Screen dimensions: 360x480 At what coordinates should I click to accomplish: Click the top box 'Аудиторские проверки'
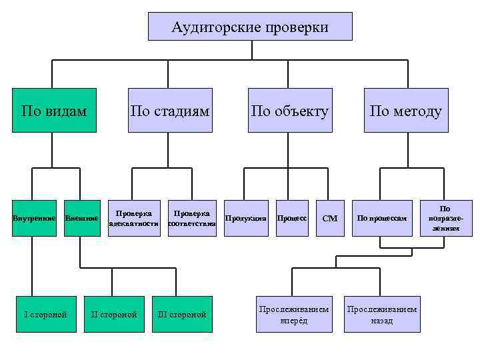click(x=250, y=27)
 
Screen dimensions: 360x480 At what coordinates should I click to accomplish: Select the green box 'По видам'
click(x=54, y=111)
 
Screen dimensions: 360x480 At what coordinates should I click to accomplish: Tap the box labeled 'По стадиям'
click(x=170, y=111)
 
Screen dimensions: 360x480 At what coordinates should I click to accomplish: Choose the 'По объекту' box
click(x=289, y=111)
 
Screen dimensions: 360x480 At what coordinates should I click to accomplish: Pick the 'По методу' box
click(x=405, y=111)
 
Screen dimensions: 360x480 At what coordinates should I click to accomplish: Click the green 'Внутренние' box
click(x=33, y=218)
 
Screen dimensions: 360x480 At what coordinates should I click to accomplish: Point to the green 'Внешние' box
click(x=81, y=218)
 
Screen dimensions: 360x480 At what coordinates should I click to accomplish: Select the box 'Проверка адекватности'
click(x=134, y=218)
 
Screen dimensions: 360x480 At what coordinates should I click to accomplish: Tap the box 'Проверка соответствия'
click(x=192, y=218)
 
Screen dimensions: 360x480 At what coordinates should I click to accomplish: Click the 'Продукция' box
click(x=245, y=218)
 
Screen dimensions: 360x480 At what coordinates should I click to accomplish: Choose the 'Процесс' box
click(x=291, y=218)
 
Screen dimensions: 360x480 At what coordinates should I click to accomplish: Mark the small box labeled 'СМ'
click(x=330, y=218)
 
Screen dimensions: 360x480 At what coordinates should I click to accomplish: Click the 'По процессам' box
click(x=381, y=218)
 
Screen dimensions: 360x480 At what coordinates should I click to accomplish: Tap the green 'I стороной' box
click(x=45, y=314)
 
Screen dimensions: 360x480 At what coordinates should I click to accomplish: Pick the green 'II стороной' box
click(x=114, y=314)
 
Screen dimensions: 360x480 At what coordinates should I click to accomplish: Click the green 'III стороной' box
click(x=182, y=314)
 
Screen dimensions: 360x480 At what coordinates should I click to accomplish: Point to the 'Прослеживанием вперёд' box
click(x=294, y=314)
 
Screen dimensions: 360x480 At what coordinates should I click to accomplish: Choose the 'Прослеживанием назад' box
click(x=382, y=314)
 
